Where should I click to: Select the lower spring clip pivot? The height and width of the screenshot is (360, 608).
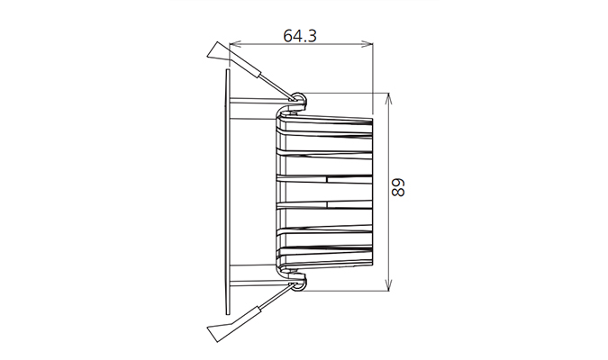[x=298, y=284]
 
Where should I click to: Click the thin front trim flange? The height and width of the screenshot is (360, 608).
[x=226, y=189]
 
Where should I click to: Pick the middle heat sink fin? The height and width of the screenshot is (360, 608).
[x=324, y=191]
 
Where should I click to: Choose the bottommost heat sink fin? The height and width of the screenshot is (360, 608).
[x=324, y=261]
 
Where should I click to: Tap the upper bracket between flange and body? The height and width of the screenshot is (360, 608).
[x=252, y=109]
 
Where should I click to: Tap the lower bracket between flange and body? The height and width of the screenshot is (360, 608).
[x=252, y=271]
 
